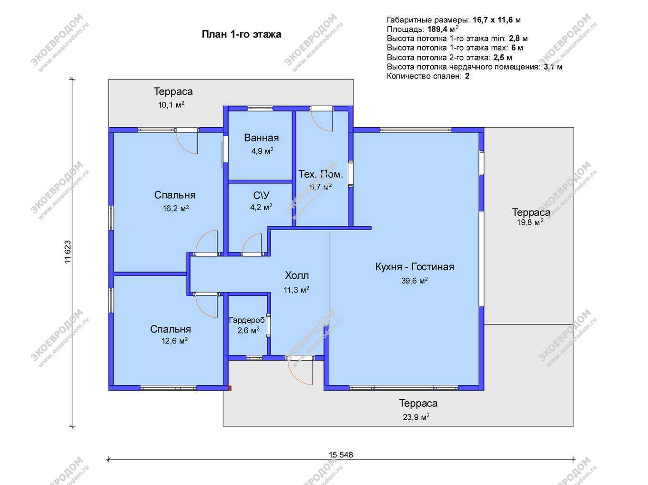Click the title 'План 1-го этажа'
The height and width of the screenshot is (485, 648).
[241, 34]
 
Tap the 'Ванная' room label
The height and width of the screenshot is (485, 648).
[261, 138]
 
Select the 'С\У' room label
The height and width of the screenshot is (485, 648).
[261, 195]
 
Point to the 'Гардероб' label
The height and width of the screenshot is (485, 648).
[247, 320]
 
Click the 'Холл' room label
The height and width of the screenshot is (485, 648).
[297, 275]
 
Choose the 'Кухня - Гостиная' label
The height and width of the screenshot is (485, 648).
[415, 266]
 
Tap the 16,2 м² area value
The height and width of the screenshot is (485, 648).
[176, 208]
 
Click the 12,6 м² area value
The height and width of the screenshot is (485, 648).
[174, 341]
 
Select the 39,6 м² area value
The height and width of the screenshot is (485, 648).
[414, 281]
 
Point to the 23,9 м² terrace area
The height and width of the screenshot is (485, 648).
[416, 417]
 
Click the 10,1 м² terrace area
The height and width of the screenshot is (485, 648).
[171, 104]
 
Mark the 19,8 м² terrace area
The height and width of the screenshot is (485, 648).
[530, 222]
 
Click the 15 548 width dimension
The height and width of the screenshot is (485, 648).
[341, 455]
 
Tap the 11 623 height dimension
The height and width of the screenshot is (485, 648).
[68, 252]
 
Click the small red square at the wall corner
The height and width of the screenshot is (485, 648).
[229, 388]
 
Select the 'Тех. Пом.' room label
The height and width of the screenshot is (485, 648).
[321, 174]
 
